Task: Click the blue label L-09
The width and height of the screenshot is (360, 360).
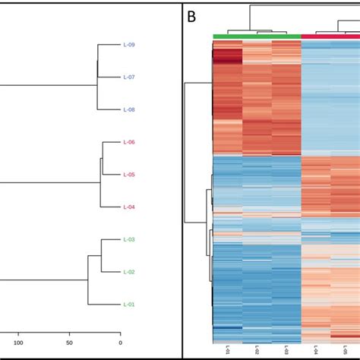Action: (129, 45)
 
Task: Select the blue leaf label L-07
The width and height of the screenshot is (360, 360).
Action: (129, 77)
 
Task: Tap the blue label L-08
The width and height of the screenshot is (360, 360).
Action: (129, 109)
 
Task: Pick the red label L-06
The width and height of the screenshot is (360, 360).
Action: (129, 142)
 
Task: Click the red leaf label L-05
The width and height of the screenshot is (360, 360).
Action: (129, 175)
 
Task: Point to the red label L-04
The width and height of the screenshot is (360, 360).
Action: (129, 207)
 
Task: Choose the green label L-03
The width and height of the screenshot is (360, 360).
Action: (129, 239)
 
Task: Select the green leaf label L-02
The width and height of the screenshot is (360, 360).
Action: (129, 271)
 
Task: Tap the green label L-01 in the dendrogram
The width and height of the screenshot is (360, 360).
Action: (129, 304)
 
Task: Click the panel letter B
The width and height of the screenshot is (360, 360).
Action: (194, 14)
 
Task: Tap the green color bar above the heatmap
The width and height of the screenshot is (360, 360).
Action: (257, 36)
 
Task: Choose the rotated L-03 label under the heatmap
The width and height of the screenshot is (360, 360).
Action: (286, 350)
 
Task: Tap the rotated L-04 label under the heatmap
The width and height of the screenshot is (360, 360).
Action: (316, 350)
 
